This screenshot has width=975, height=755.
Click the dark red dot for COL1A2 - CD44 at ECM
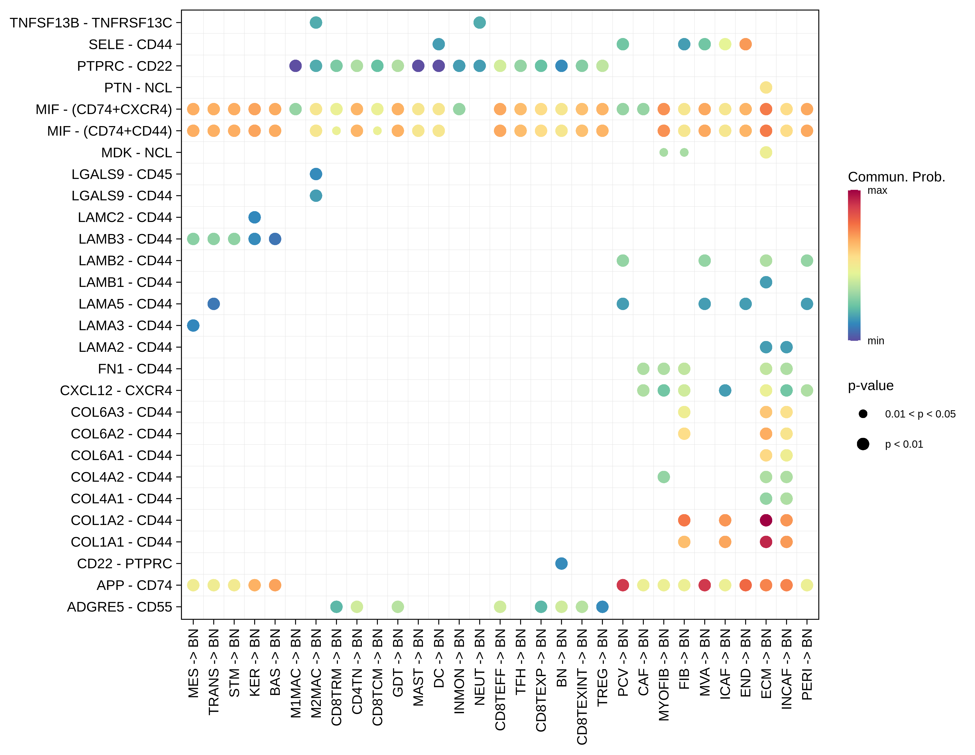click(x=766, y=520)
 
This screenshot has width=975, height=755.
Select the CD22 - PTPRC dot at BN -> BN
click(x=561, y=563)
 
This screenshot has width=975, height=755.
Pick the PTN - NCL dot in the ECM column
click(x=766, y=88)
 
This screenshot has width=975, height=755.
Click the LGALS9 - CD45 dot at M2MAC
click(x=316, y=174)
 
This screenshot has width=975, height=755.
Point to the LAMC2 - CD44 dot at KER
click(x=254, y=217)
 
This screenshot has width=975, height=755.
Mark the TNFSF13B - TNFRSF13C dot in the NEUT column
click(x=480, y=22)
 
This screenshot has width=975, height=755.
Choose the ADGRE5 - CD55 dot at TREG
click(x=602, y=607)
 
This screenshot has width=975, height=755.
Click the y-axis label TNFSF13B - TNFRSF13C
click(x=91, y=23)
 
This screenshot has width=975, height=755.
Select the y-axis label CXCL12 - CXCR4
click(x=116, y=391)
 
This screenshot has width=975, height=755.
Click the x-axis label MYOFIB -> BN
click(x=664, y=675)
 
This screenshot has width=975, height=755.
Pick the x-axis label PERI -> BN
click(x=807, y=664)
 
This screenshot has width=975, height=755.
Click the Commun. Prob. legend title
click(x=896, y=177)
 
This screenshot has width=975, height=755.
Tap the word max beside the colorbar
click(x=877, y=191)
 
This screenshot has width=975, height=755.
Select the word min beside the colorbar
click(x=875, y=341)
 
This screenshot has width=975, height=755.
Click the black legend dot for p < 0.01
click(x=863, y=444)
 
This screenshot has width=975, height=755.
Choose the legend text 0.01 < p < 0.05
click(x=920, y=414)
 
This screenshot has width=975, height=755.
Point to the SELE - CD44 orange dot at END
click(x=745, y=44)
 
